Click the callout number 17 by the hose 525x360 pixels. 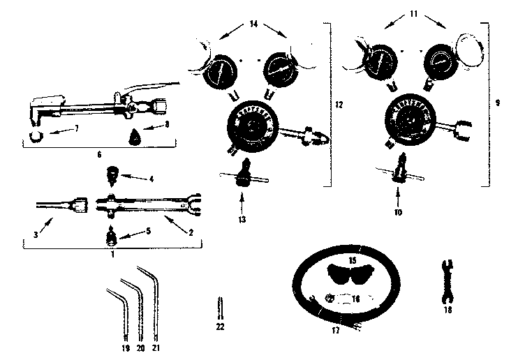point(336,331)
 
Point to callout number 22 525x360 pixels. point(221,325)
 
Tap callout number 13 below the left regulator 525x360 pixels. point(242,218)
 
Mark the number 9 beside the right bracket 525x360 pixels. point(497,103)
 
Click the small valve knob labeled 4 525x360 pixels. point(111,172)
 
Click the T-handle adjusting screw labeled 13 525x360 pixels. point(243,172)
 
